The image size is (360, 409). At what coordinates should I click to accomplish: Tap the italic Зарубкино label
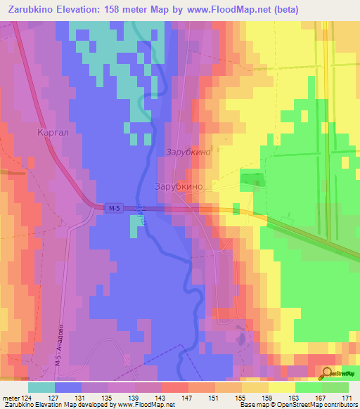coord(188,152)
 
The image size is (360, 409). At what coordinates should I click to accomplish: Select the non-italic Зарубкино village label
coord(179,187)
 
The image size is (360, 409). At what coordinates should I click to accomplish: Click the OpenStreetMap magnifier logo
coord(328,374)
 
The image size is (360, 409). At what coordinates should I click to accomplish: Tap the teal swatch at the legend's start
coord(41,387)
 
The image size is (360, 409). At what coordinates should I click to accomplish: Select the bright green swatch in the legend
coord(308,387)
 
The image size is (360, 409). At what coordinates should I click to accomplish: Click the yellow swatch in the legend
coord(281,387)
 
